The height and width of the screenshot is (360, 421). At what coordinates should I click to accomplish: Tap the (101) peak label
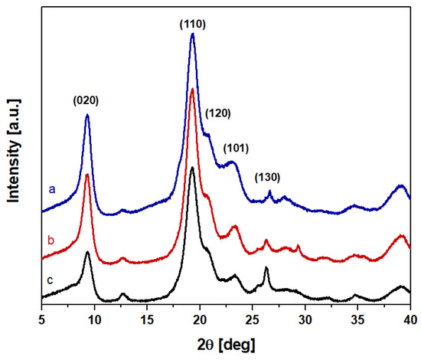pyautogui.click(x=237, y=148)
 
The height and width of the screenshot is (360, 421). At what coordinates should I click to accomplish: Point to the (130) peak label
pyautogui.click(x=268, y=178)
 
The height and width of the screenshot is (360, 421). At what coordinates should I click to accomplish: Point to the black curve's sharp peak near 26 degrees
pyautogui.click(x=266, y=268)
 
